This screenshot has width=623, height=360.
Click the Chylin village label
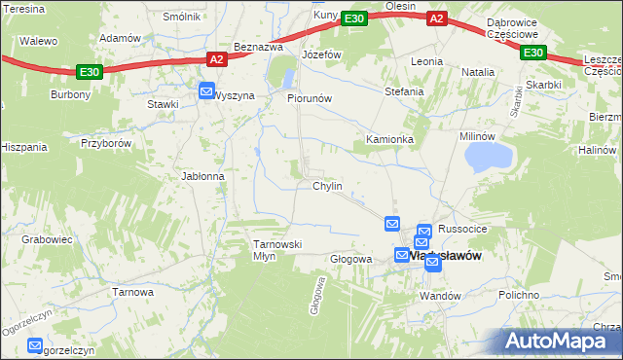point(326,186)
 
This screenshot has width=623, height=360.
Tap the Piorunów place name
point(310,98)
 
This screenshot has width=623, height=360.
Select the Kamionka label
point(389,139)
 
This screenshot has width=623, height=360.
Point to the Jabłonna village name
point(202,176)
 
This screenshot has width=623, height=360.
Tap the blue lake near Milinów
point(489,156)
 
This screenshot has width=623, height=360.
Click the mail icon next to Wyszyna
point(206,92)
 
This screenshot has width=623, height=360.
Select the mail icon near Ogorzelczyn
point(36,345)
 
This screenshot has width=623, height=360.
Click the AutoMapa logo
point(558,341)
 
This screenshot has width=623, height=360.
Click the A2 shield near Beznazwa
point(216,59)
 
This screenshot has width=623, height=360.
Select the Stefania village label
point(404,91)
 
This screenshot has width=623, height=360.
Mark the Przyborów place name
point(106,142)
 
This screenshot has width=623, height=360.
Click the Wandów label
point(439,294)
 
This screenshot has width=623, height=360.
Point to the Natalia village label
point(478,72)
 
